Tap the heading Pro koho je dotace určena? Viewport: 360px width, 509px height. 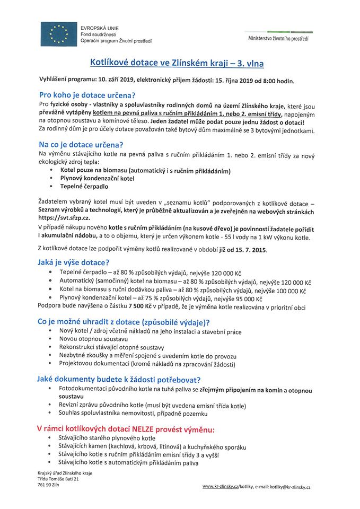click(87, 95)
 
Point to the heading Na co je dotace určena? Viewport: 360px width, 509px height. click(81, 144)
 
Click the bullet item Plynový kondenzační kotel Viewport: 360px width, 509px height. click(97, 179)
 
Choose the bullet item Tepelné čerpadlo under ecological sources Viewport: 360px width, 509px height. click(84, 187)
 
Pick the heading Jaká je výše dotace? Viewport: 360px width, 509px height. click(74, 262)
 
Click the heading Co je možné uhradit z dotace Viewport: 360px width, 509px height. click(123, 322)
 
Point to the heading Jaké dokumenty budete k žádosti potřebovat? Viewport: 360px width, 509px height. click(118, 380)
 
